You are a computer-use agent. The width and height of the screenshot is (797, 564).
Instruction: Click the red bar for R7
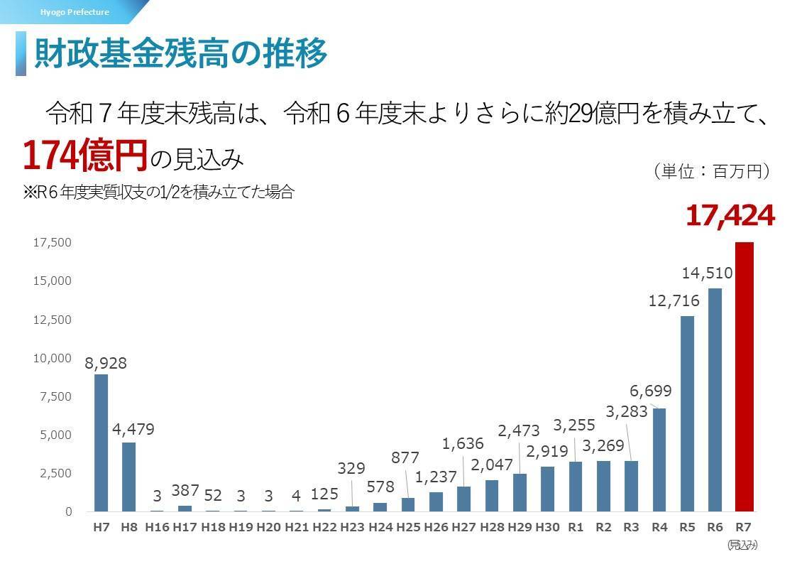[x=743, y=376]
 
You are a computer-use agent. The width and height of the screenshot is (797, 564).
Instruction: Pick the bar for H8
[x=129, y=477]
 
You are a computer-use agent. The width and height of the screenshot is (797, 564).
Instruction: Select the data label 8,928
[x=106, y=363]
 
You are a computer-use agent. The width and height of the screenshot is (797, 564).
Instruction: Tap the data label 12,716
[x=674, y=300]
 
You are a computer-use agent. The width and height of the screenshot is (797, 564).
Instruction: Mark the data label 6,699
[x=650, y=391]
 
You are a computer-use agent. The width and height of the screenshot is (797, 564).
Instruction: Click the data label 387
[x=185, y=490]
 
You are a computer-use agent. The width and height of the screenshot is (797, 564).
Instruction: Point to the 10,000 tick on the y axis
[x=53, y=358]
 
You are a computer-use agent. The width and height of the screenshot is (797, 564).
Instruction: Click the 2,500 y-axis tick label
[x=53, y=473]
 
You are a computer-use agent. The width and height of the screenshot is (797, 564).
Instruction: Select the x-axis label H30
[x=547, y=528]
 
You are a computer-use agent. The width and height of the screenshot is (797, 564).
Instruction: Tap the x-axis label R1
[x=576, y=528]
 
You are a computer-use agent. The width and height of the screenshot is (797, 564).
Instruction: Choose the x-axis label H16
[x=156, y=528]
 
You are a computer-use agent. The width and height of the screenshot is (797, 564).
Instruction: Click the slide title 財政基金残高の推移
[x=181, y=53]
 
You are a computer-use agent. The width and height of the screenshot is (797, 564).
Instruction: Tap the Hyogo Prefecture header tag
[x=75, y=12]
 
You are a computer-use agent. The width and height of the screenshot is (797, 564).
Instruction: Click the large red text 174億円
[x=84, y=156]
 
